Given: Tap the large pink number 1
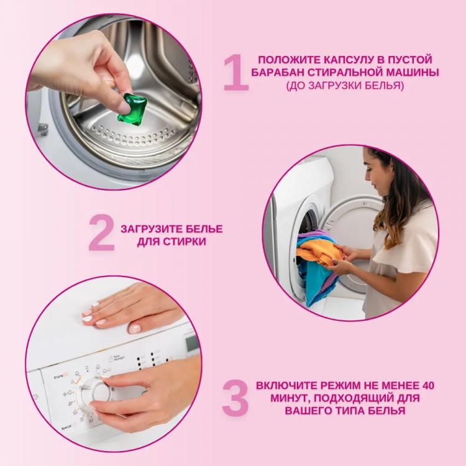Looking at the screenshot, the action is (x=235, y=72).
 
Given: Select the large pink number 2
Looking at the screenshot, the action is (x=101, y=233).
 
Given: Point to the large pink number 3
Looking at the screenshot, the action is (x=235, y=398).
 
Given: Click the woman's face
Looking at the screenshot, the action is (x=375, y=176).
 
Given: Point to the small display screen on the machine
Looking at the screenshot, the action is (x=192, y=344).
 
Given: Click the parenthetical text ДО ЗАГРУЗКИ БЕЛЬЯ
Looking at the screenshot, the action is (x=345, y=86).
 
